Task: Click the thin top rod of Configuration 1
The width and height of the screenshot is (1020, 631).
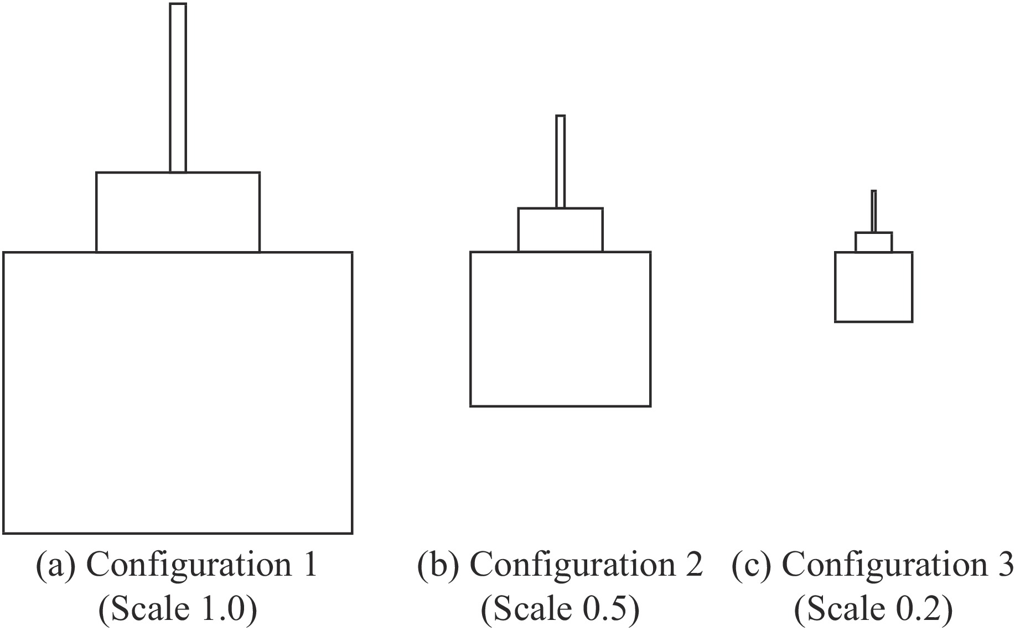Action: [x=178, y=88]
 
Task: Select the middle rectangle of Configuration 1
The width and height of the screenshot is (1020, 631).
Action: [x=178, y=212]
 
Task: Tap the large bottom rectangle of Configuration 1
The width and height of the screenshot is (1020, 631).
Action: [x=178, y=393]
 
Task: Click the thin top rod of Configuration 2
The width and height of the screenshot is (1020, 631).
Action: [x=560, y=161]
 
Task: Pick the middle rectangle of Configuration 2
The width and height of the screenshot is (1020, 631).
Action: [x=560, y=230]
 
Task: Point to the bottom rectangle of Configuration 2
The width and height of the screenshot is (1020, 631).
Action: [x=560, y=329]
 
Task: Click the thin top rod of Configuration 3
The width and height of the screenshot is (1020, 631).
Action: [x=874, y=211]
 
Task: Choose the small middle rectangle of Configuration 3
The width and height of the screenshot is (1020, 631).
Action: [x=874, y=242]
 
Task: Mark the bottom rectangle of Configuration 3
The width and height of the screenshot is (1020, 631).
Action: [x=874, y=287]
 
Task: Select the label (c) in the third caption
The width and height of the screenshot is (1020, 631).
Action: [x=750, y=566]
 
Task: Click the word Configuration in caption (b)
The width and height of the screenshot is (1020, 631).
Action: [x=572, y=566]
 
